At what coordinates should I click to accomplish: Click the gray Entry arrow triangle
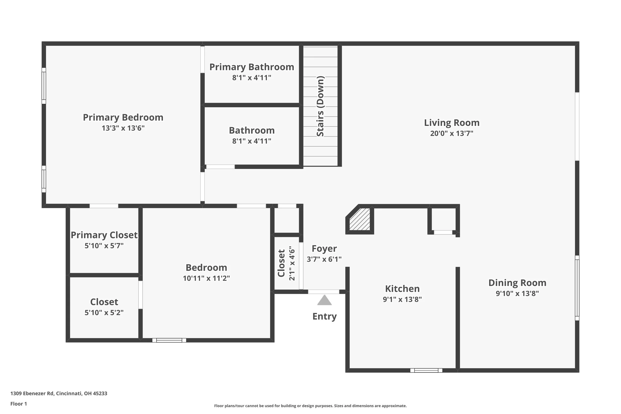pyautogui.click(x=324, y=300)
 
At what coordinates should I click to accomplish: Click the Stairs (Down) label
pyautogui.click(x=320, y=106)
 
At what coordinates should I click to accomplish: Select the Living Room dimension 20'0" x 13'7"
pyautogui.click(x=452, y=133)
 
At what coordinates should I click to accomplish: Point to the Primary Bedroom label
pyautogui.click(x=123, y=117)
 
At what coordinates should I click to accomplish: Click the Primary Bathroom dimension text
pyautogui.click(x=252, y=78)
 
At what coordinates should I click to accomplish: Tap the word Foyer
pyautogui.click(x=324, y=248)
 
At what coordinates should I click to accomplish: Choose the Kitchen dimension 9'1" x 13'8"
pyautogui.click(x=402, y=299)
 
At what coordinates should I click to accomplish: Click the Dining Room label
pyautogui.click(x=517, y=283)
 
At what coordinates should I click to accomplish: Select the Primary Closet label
pyautogui.click(x=104, y=235)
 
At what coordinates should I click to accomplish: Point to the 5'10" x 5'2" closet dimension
pyautogui.click(x=104, y=312)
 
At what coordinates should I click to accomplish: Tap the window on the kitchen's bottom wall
pyautogui.click(x=426, y=371)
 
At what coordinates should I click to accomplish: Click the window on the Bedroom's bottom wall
pyautogui.click(x=169, y=340)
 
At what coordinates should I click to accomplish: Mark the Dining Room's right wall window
pyautogui.click(x=577, y=288)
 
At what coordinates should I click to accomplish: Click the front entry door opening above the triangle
pyautogui.click(x=324, y=292)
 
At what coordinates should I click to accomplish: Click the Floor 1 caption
pyautogui.click(x=18, y=404)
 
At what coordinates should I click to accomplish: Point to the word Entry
pyautogui.click(x=324, y=316)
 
